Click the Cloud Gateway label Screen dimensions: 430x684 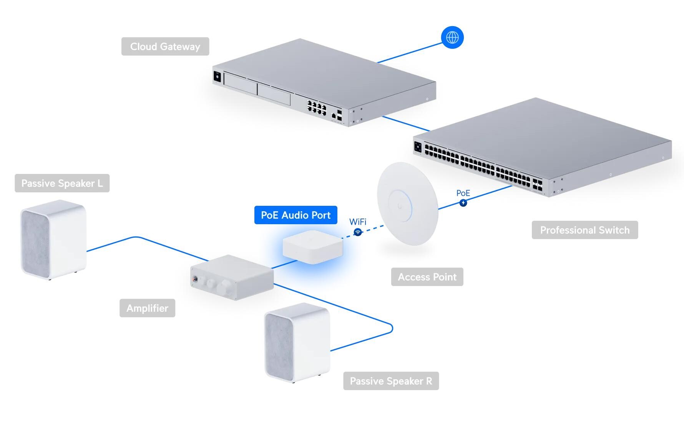pos(165,46)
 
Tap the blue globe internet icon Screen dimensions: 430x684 pos(452,38)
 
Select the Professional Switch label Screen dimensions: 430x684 pos(584,230)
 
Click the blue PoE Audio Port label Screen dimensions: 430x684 pos(296,215)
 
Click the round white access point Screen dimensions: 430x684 pos(407,203)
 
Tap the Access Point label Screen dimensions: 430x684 pos(427,277)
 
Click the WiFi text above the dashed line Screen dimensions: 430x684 pos(358,222)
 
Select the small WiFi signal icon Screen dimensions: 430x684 pos(358,232)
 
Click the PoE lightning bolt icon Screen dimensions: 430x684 pos(463,203)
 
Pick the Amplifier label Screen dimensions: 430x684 pos(147,308)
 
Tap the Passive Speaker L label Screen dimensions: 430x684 pos(62,183)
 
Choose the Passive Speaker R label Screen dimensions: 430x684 pos(391,381)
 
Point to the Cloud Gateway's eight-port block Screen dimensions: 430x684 pos(316,107)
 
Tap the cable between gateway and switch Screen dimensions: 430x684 pos(405,124)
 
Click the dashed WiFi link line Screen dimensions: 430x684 pos(371,229)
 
